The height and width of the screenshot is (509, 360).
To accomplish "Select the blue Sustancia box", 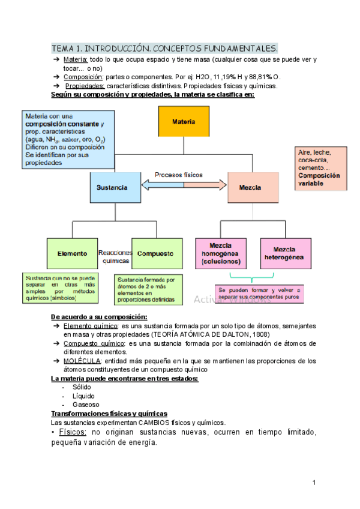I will [x=112, y=187].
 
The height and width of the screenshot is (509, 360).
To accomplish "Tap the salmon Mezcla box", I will [x=253, y=187].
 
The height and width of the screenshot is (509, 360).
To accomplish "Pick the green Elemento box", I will [x=72, y=253].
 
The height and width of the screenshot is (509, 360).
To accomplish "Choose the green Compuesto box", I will [x=155, y=253].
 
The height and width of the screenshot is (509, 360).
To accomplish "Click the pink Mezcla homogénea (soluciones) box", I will [x=220, y=253].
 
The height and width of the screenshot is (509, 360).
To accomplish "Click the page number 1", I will [x=314, y=483].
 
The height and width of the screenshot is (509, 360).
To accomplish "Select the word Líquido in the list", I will [x=83, y=396].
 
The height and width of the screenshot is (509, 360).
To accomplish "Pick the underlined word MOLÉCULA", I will [x=82, y=361].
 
